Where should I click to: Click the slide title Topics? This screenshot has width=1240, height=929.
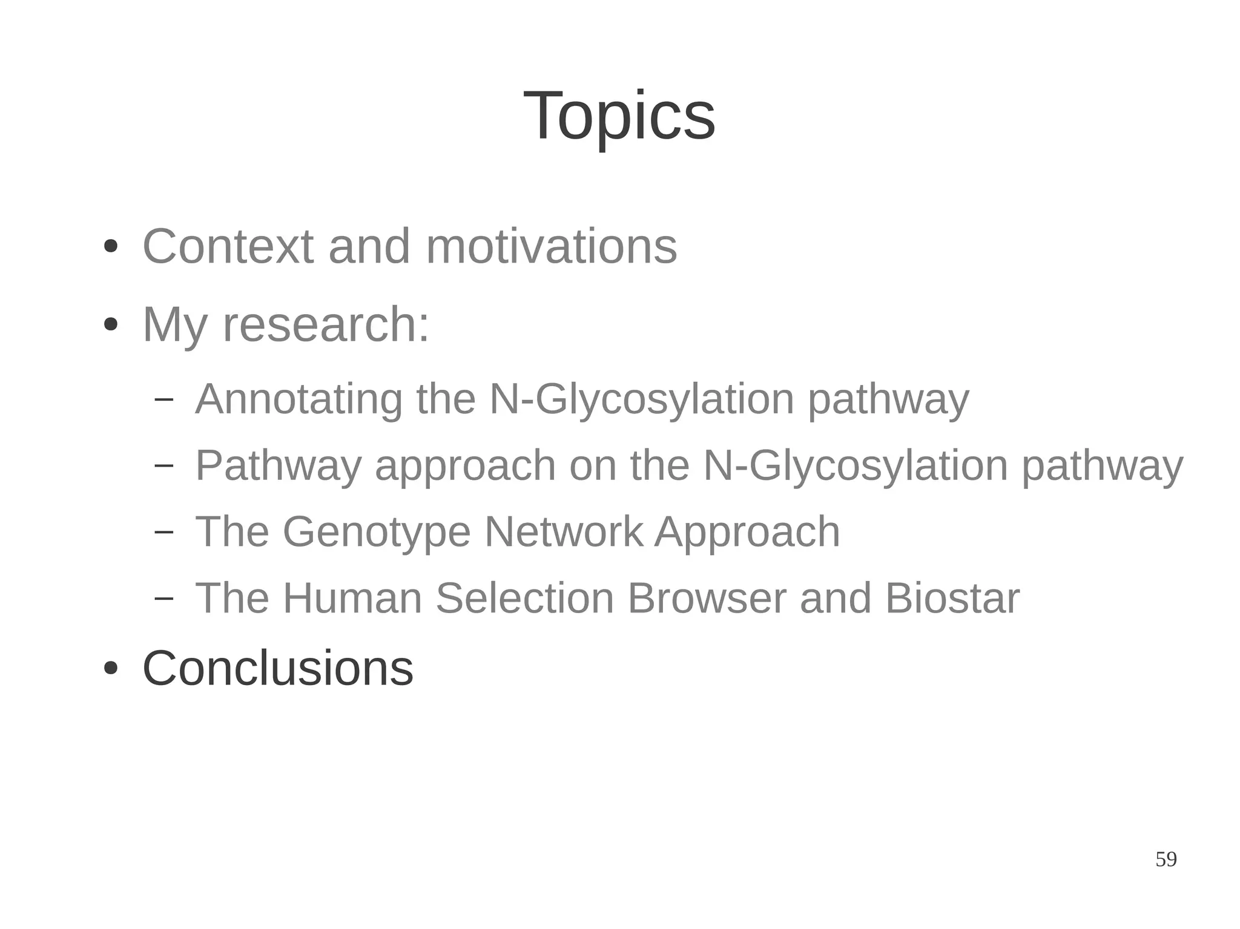(x=619, y=116)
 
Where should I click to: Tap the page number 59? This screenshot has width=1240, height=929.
(x=1166, y=859)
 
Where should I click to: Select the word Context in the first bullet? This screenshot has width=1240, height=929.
(x=228, y=246)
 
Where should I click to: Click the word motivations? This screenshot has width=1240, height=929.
(x=551, y=246)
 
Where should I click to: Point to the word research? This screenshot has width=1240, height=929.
(x=326, y=325)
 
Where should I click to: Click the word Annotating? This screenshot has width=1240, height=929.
(x=298, y=399)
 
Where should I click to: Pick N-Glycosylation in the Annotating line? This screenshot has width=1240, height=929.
(x=641, y=399)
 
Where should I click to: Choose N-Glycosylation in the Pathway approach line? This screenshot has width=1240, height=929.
(x=855, y=465)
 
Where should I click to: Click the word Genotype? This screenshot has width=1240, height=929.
(x=376, y=532)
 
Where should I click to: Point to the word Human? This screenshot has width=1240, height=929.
(x=352, y=598)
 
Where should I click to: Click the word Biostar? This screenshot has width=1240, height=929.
(x=952, y=598)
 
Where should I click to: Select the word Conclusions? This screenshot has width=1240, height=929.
(x=277, y=668)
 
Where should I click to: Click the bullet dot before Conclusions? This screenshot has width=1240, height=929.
(x=110, y=669)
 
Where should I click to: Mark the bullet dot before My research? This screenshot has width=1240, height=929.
(x=110, y=325)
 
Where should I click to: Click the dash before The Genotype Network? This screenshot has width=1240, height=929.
(x=163, y=531)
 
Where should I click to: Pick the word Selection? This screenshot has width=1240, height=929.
(x=524, y=598)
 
